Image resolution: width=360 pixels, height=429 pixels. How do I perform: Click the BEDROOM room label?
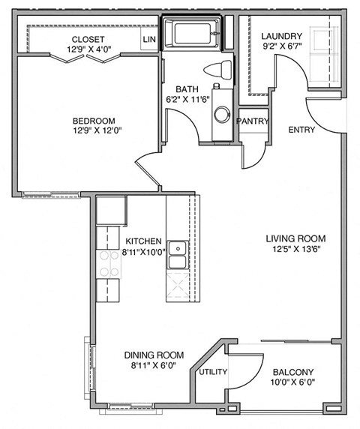pyautogui.click(x=94, y=121)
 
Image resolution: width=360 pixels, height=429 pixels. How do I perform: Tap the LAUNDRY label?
pyautogui.click(x=281, y=36)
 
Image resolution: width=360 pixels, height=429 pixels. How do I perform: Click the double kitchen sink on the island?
pyautogui.click(x=178, y=256)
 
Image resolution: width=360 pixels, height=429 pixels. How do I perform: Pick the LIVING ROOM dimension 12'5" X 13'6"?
pyautogui.click(x=295, y=251)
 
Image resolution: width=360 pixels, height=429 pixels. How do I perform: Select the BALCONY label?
pyautogui.click(x=292, y=372)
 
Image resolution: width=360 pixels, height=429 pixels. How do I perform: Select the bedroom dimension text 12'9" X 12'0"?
pyautogui.click(x=94, y=132)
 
